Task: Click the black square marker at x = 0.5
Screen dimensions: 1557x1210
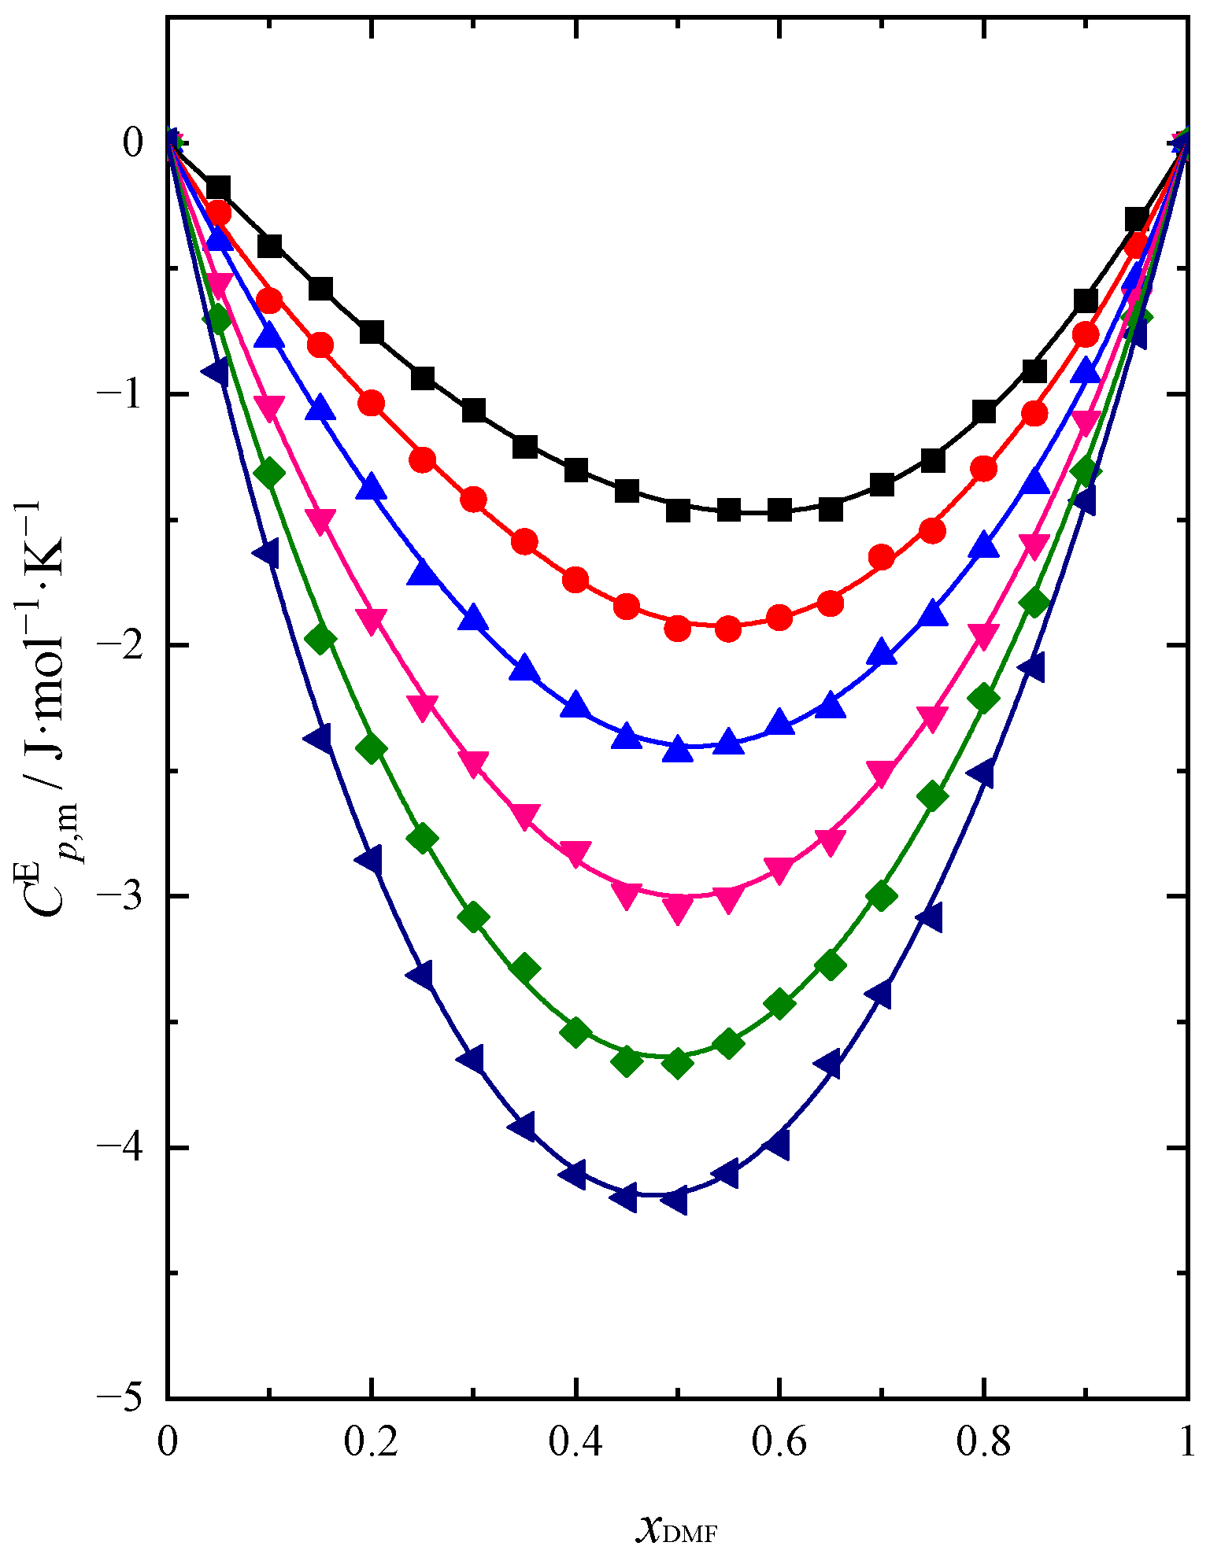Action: point(678,511)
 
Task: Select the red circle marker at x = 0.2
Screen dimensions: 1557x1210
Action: point(372,404)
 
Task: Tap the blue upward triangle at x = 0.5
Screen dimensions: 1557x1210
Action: point(678,749)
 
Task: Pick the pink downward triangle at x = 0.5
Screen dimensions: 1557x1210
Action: point(678,909)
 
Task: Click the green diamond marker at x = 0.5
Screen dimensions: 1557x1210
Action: point(677,1064)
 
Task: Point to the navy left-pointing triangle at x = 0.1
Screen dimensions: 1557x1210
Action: point(267,552)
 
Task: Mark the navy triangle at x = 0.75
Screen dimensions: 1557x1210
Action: point(931,917)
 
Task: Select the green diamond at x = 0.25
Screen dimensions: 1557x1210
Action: point(423,839)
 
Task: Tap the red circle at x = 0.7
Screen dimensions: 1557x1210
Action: point(882,559)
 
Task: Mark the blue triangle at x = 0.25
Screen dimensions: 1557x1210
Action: point(423,572)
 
